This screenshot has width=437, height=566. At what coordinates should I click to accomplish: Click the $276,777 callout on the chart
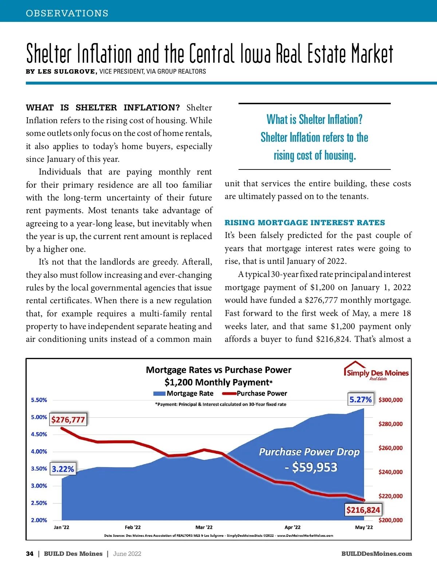[68, 419]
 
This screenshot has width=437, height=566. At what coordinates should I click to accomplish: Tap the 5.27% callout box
[361, 399]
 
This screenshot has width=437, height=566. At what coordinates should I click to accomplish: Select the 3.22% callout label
[63, 469]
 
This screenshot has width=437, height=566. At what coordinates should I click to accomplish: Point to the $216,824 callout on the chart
[363, 510]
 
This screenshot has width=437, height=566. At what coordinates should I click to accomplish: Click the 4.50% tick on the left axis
[39, 434]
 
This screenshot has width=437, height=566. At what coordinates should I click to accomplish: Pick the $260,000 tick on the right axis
[390, 448]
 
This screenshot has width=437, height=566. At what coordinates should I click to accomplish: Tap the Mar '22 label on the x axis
[204, 527]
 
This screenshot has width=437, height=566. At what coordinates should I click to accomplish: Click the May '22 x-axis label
[364, 527]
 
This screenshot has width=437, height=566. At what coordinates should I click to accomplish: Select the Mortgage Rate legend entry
[184, 393]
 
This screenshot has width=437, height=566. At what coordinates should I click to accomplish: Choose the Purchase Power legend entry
[255, 393]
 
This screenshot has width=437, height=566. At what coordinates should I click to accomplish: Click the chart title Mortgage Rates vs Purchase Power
[219, 370]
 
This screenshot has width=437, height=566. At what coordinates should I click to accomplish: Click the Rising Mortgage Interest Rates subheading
[304, 223]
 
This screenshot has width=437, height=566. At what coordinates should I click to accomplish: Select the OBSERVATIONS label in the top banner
[67, 13]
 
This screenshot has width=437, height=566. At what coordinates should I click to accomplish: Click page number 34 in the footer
[29, 554]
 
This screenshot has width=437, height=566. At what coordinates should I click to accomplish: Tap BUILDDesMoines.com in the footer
[377, 554]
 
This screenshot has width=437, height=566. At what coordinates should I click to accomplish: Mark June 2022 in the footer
[127, 554]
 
